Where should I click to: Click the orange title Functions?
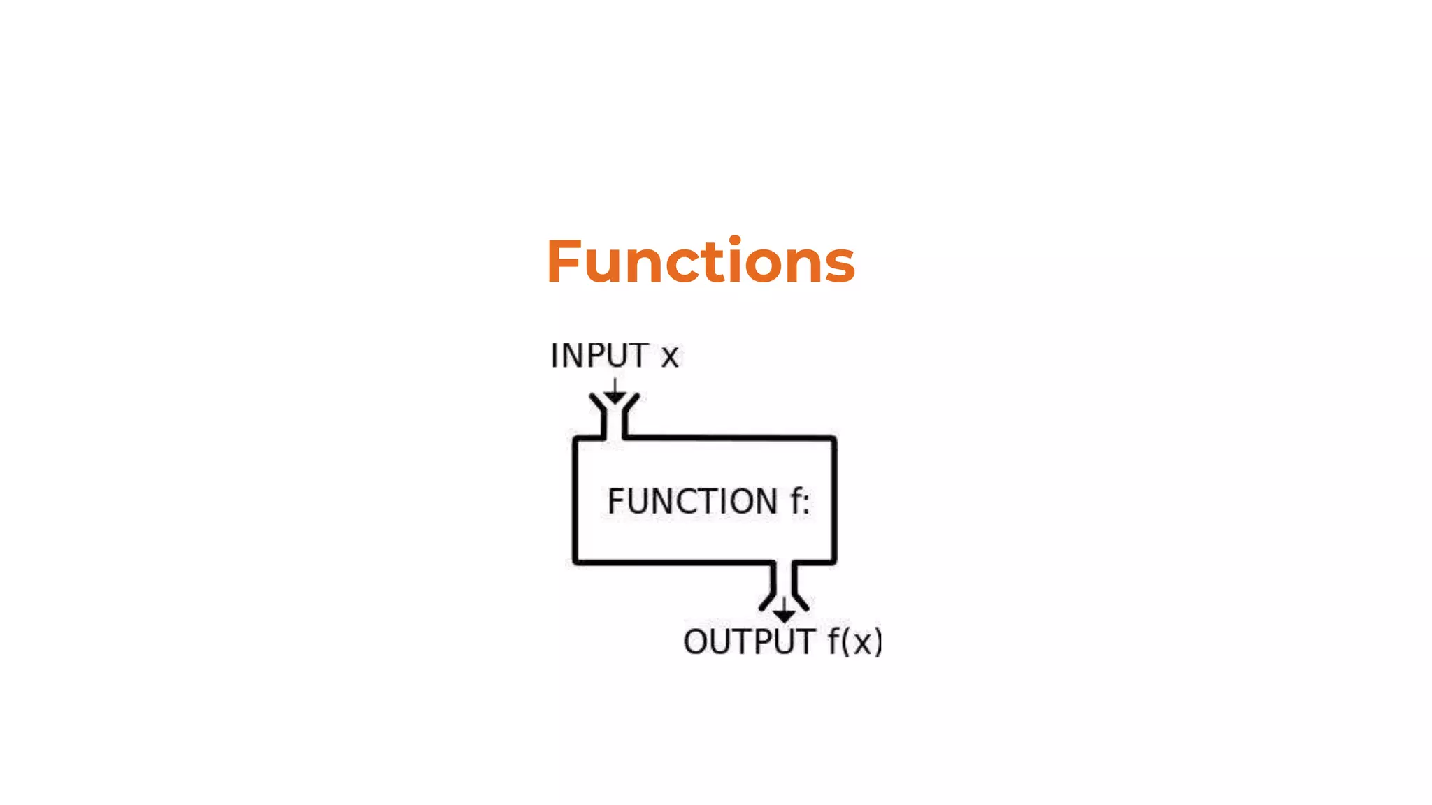pyautogui.click(x=701, y=261)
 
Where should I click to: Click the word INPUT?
pyautogui.click(x=599, y=356)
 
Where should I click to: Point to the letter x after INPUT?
pyautogui.click(x=670, y=358)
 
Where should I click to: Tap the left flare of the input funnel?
pyautogui.click(x=597, y=403)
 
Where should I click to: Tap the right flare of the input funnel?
pyautogui.click(x=631, y=403)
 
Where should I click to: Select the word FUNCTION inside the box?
pyautogui.click(x=692, y=502)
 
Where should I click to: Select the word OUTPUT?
pyautogui.click(x=749, y=642)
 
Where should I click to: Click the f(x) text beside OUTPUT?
pyautogui.click(x=854, y=642)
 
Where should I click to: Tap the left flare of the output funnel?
pyautogui.click(x=767, y=601)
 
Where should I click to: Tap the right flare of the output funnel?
pyautogui.click(x=801, y=601)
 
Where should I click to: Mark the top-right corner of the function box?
pyautogui.click(x=833, y=440)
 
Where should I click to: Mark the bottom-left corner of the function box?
pyautogui.click(x=575, y=561)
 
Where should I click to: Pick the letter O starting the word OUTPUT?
pyautogui.click(x=696, y=642)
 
